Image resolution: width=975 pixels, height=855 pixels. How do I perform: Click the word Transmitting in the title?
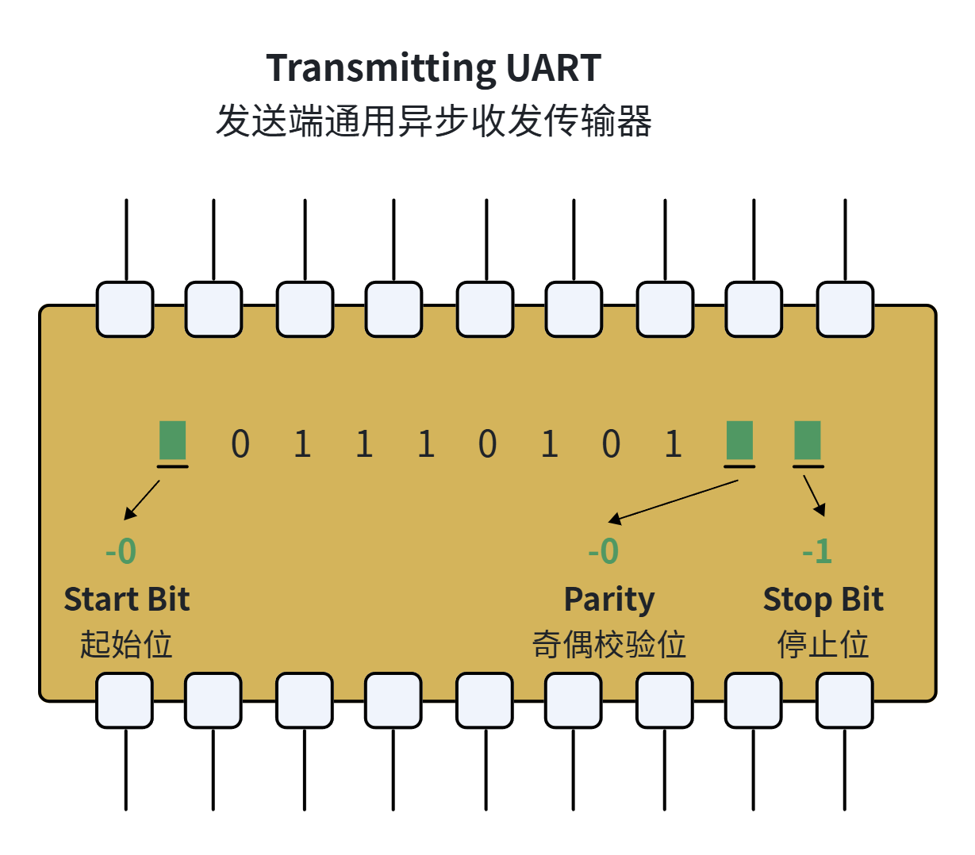coord(381,69)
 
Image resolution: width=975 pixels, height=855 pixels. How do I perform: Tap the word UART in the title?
coord(554,68)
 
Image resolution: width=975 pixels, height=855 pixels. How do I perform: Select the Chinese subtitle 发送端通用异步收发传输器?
coord(433,121)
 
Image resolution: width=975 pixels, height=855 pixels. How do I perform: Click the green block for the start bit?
coord(172,439)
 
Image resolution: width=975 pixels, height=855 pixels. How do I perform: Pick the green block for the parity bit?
coord(739,439)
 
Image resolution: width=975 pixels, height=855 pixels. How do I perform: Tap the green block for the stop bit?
coord(807,439)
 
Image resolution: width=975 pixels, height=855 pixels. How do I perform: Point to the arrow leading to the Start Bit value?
coord(141,500)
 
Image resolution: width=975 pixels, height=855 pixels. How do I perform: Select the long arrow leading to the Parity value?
coord(673,501)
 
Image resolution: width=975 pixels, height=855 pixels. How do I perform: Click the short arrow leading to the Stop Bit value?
coord(814,496)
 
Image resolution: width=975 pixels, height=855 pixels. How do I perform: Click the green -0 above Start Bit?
coord(121,551)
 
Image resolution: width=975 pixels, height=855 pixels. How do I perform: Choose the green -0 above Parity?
coord(603,551)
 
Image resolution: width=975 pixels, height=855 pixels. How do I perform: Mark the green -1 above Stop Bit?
coord(816,551)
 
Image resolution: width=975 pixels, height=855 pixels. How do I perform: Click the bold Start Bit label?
coord(127,599)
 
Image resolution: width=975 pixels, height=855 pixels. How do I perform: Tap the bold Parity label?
coord(609,600)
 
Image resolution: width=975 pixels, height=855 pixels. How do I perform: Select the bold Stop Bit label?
coord(823,600)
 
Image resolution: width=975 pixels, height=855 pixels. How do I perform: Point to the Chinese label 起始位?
coord(126,644)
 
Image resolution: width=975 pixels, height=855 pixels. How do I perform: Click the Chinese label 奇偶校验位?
coord(608,644)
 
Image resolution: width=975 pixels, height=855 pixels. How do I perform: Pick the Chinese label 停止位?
coord(823,644)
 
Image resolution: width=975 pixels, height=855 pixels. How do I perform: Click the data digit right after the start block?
coord(240,443)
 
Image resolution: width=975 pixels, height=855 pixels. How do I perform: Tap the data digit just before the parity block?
coord(673,443)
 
